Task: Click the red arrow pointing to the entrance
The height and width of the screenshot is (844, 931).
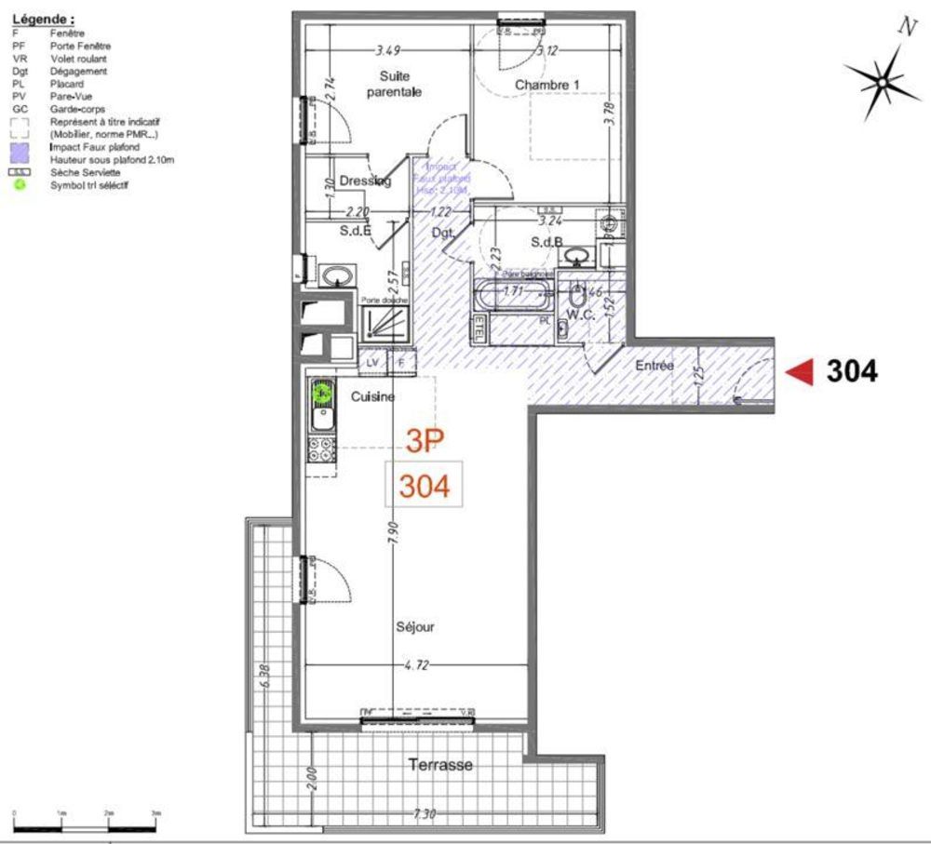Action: click(799, 372)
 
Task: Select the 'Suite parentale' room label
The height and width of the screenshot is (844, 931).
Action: click(400, 83)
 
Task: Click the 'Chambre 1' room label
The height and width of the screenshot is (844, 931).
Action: click(548, 85)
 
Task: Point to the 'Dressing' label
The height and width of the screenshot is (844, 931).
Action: click(364, 181)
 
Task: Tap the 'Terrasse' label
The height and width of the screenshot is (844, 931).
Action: click(440, 765)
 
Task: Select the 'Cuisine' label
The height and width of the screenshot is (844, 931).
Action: click(372, 396)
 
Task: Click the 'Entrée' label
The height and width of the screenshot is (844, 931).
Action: click(654, 367)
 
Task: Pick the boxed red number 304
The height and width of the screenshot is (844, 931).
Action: click(425, 485)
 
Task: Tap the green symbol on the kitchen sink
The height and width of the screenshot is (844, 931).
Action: click(321, 394)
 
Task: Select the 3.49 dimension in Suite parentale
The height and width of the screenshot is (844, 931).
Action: click(390, 49)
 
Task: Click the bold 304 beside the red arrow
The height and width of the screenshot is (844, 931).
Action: click(851, 372)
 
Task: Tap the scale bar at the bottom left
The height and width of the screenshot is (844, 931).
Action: click(85, 824)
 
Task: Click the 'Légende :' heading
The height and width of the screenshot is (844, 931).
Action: click(44, 18)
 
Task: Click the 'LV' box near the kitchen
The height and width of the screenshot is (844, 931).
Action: click(372, 362)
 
